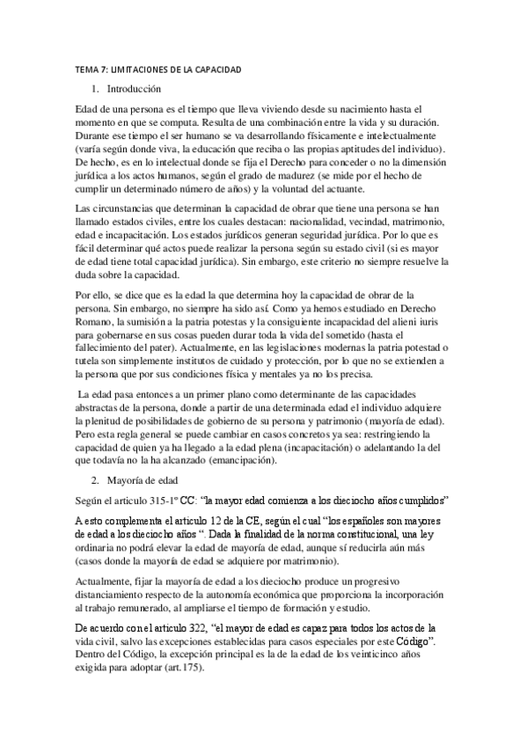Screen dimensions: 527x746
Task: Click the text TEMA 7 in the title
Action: (x=87, y=69)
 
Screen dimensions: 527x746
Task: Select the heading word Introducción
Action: (x=134, y=89)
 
